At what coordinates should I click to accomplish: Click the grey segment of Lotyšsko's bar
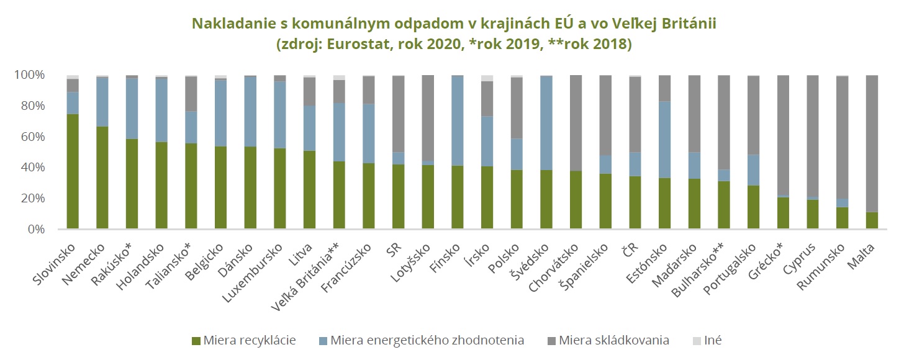pos(428,118)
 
